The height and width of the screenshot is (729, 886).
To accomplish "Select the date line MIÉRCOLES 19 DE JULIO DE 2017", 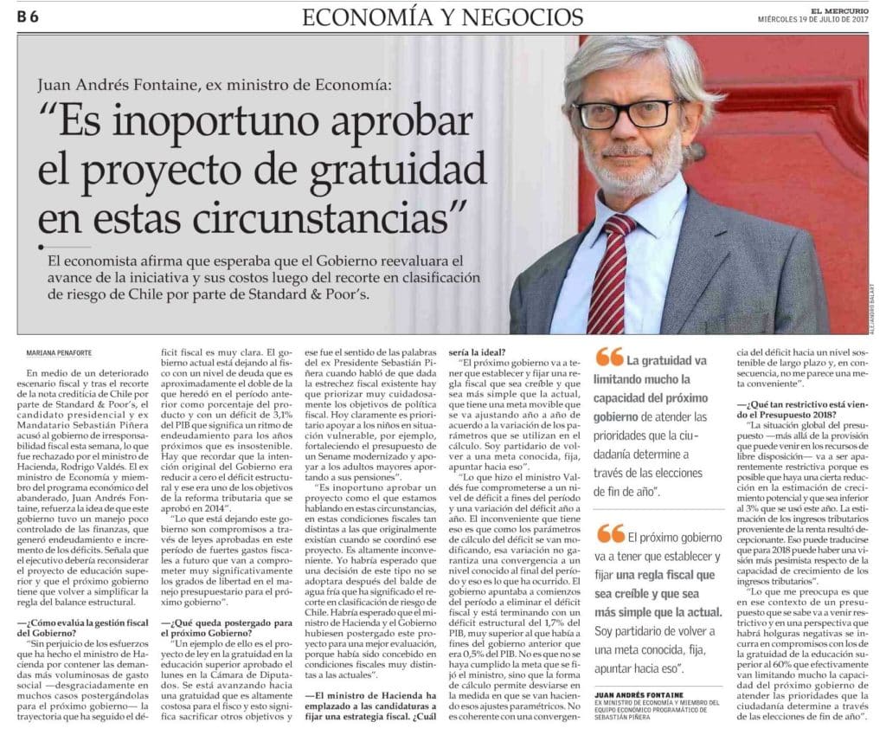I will coord(812,19).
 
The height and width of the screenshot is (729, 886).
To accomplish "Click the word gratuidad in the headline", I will coord(397,171).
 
